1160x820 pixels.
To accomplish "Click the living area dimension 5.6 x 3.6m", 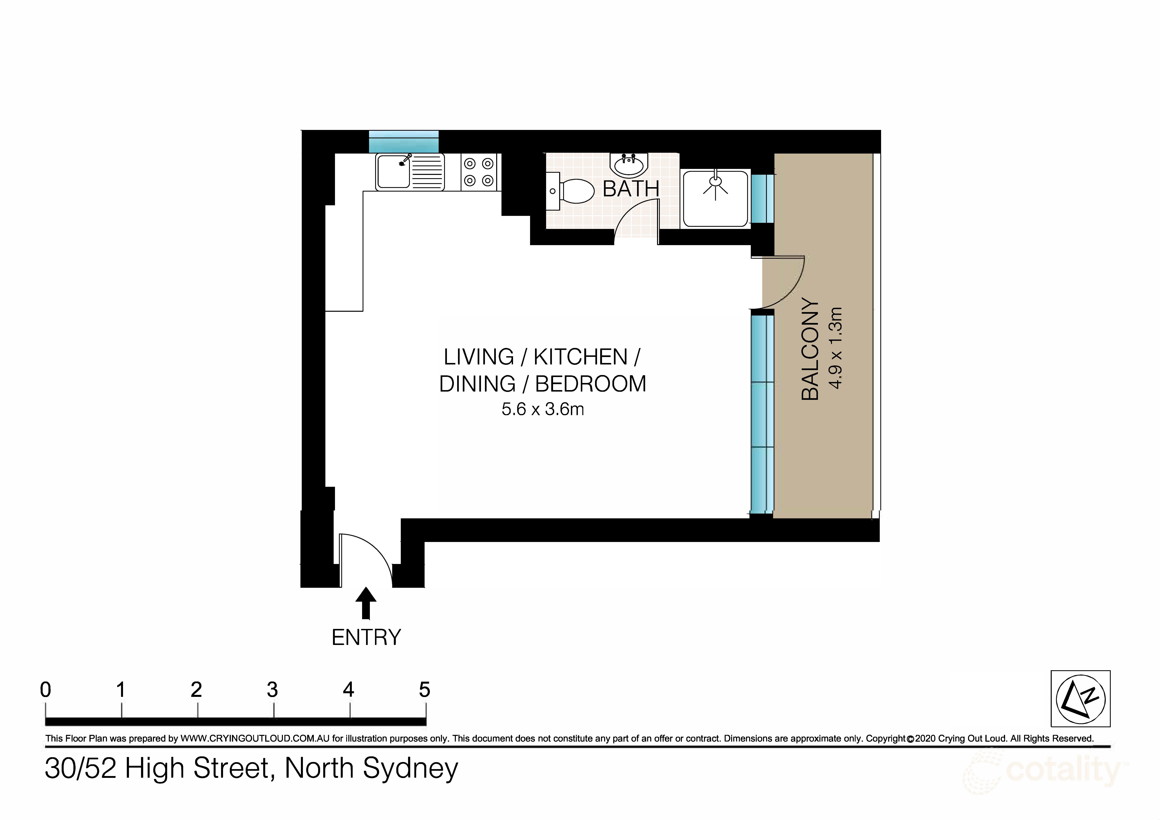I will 543,409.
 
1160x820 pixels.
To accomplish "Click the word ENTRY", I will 366,638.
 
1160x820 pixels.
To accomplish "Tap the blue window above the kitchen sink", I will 403,142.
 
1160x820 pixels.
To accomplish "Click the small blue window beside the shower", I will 762,199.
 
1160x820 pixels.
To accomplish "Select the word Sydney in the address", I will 410,769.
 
